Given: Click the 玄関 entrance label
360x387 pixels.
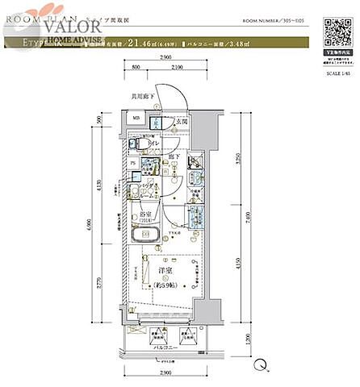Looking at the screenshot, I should (182, 123).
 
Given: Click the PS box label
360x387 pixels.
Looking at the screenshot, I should (134, 163).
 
